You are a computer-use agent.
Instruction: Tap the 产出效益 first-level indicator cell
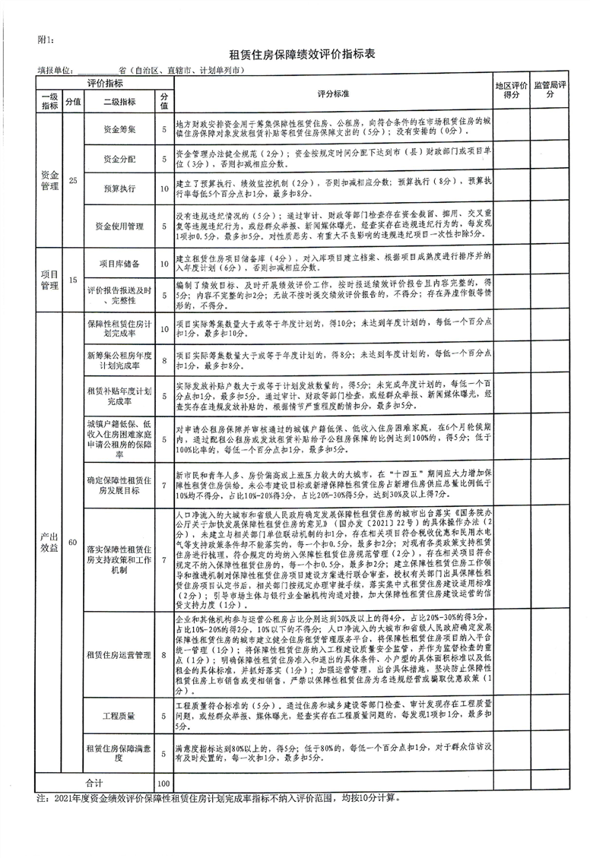coord(49,542)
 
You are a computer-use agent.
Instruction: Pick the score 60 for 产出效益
coord(73,542)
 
